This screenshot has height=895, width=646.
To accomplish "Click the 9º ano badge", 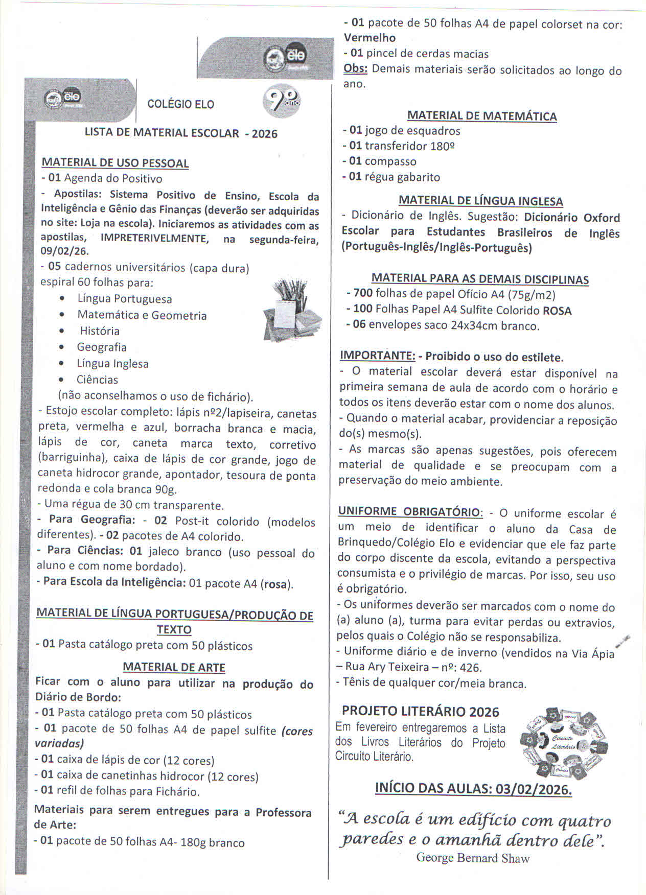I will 282,101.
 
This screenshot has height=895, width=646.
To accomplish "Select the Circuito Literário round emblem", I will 563,743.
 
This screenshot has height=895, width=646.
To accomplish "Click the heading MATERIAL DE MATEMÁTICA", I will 482,116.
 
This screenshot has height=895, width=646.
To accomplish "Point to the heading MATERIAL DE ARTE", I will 174,667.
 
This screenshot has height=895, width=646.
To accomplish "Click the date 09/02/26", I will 64,251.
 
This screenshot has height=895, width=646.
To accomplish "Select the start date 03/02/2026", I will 533,789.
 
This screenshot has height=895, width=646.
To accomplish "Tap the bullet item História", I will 100,331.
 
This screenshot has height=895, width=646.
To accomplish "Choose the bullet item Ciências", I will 97,380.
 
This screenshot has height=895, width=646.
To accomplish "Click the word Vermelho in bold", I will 370,38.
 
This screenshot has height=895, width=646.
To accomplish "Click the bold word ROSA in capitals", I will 557,311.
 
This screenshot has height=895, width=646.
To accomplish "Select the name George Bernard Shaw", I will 473,858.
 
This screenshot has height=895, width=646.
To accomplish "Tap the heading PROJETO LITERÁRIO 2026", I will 421,712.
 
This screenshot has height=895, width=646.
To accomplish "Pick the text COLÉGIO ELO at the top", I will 181,104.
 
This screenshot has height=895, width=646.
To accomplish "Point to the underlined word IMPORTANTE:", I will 377,356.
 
